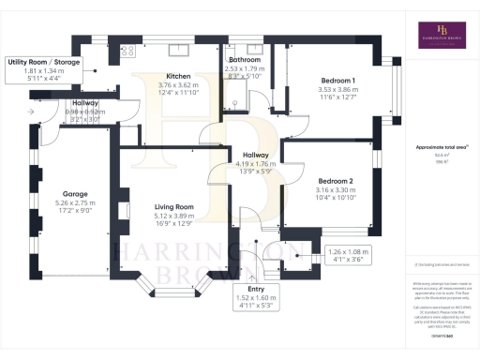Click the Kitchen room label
point(179,76)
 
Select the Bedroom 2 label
point(335,181)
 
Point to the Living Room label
point(173,207)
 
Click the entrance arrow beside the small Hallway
point(33,111)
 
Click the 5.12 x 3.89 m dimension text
point(173,216)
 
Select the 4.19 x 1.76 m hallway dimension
point(255,164)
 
